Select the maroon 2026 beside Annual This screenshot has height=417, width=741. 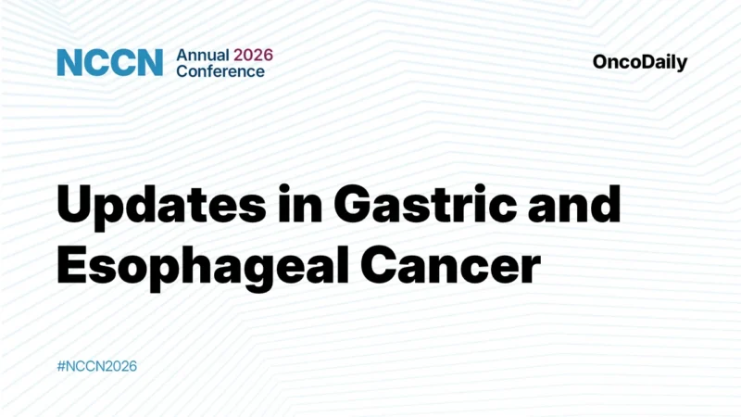pos(254,55)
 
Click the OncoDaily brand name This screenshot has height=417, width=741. pos(640,63)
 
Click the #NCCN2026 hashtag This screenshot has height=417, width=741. pos(96,366)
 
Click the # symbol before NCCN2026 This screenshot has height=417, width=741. pos(61,366)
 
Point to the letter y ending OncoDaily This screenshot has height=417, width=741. pos(683,65)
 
